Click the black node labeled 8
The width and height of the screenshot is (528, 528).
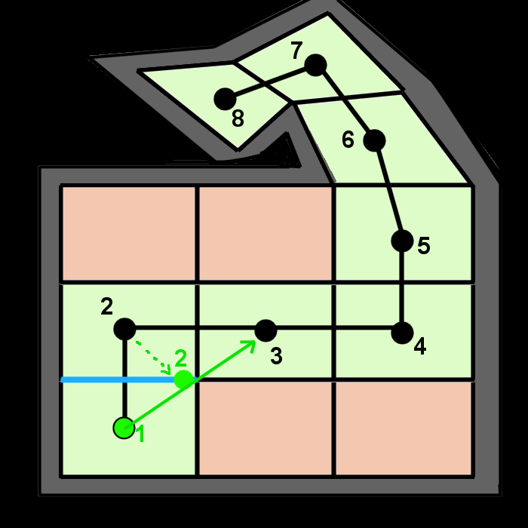225,99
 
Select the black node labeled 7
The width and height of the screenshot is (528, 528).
315,66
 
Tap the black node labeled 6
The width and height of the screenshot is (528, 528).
374,140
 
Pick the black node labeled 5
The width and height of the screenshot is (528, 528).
402,241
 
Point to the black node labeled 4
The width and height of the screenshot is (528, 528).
402,333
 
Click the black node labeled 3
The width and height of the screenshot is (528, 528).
266,330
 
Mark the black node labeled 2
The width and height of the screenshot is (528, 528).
124,329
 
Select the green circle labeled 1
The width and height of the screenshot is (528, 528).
124,428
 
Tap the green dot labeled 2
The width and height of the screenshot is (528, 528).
183,379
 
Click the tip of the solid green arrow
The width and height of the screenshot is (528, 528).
255,342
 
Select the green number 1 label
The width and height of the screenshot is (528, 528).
140,434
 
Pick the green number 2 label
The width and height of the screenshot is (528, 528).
181,358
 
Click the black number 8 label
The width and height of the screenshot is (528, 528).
238,118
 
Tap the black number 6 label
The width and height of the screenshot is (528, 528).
348,140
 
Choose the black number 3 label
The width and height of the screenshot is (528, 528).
276,356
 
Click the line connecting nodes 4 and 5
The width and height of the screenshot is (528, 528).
402,287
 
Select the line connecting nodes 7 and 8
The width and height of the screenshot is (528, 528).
270,82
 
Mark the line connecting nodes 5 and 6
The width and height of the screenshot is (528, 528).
388,191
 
